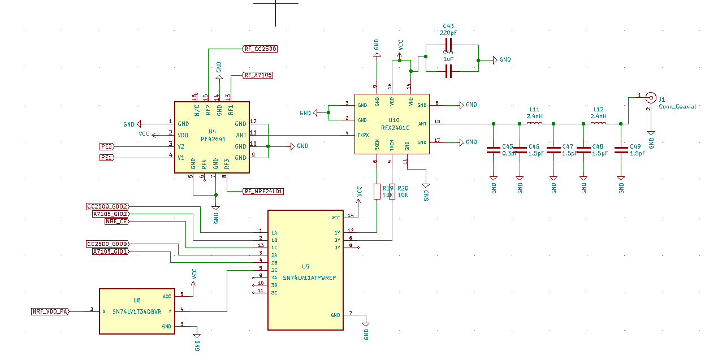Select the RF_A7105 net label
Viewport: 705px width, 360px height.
[x=258, y=75]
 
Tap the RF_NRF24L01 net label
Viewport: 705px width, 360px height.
[x=263, y=192]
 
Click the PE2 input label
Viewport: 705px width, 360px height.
[x=106, y=146]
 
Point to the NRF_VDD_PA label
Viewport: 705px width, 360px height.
[x=50, y=311]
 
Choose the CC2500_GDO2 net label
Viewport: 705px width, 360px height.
[x=107, y=207]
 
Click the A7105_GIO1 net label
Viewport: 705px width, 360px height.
[x=110, y=251]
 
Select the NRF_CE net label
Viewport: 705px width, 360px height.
[x=116, y=222]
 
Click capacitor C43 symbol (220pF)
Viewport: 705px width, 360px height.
[x=449, y=45]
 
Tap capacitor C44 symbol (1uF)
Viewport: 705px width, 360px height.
[x=449, y=71]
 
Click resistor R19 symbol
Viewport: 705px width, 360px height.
[x=377, y=192]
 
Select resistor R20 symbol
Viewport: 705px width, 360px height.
[x=392, y=192]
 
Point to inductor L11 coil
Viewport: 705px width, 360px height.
[x=534, y=123]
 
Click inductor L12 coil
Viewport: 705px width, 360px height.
[x=598, y=123]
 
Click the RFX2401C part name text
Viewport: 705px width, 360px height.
[x=395, y=128]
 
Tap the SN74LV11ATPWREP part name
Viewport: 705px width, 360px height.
[x=309, y=278]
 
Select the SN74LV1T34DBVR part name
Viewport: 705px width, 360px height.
[x=137, y=311]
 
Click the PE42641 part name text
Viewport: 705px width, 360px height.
[x=213, y=138]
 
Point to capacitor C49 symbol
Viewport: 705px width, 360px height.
[x=621, y=150]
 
